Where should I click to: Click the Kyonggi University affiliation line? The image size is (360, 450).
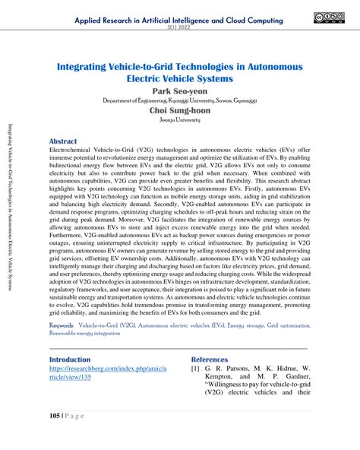[x=180, y=100]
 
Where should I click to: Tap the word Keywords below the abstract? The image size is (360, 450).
[x=62, y=324]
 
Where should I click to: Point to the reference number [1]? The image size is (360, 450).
[x=196, y=370]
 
